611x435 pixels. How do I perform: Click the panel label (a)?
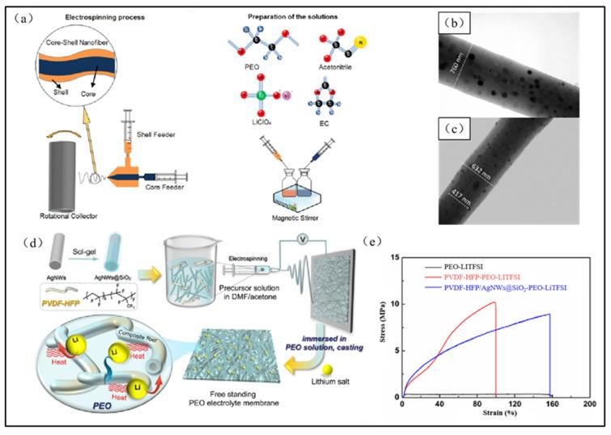point(28,14)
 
